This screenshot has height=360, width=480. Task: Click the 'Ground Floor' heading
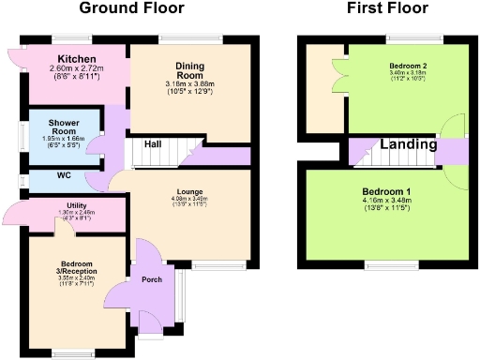130,9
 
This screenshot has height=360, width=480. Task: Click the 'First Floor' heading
387,9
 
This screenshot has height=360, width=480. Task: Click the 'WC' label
64,175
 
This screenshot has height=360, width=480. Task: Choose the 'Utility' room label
77,205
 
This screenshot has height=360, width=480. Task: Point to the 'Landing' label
408,145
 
